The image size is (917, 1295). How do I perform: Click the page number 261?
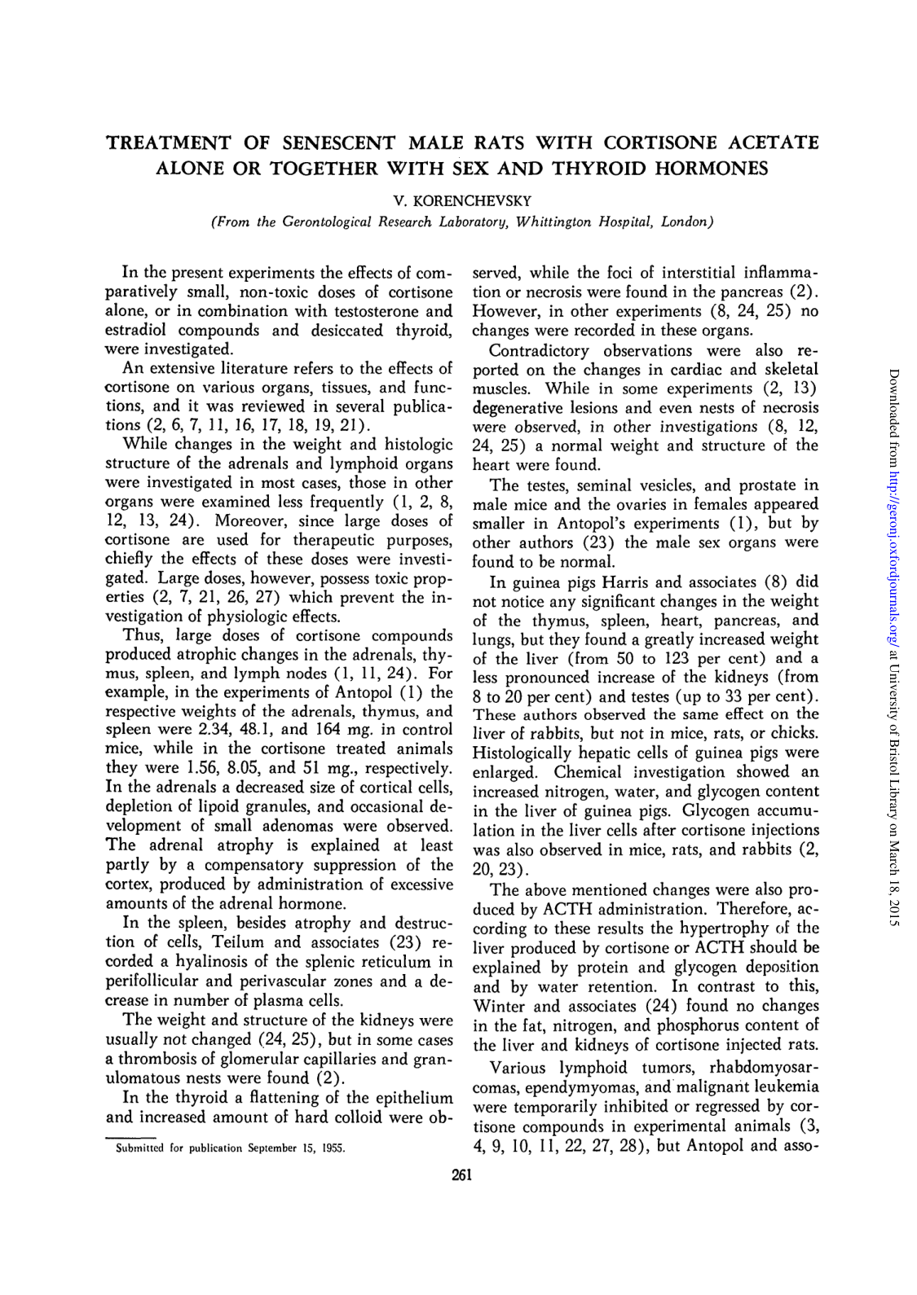(x=462, y=1174)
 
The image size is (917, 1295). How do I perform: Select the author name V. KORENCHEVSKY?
(x=462, y=200)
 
